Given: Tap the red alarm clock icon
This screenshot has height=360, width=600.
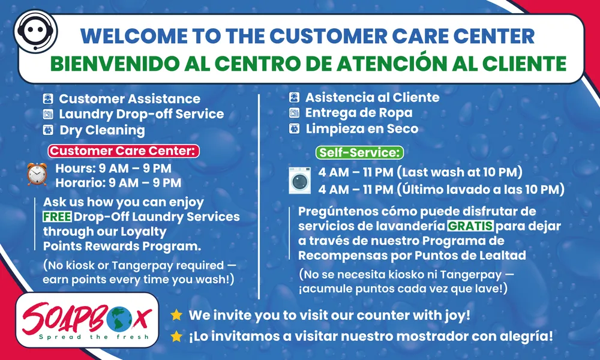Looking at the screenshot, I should tap(37, 174).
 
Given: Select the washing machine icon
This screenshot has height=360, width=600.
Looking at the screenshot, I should tap(299, 180).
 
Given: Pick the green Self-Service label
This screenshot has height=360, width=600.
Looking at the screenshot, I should tap(360, 152).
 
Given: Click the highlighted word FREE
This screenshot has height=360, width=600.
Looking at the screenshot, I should tap(58, 217).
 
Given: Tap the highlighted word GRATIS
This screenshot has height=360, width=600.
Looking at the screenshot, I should tap(470, 227).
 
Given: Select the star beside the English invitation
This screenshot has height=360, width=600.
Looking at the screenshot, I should tap(176, 315).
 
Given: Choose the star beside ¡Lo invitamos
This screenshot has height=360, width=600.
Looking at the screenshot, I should tap(176, 337).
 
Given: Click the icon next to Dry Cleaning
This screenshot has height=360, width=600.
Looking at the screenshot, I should tap(48, 130).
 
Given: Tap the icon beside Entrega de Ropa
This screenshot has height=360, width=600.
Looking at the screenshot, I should tap(294, 113).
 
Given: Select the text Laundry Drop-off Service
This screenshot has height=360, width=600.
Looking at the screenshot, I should tap(141, 114).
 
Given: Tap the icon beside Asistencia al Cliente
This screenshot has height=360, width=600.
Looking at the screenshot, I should tap(294, 97).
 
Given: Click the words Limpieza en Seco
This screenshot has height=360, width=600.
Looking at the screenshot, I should tap(362, 128).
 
